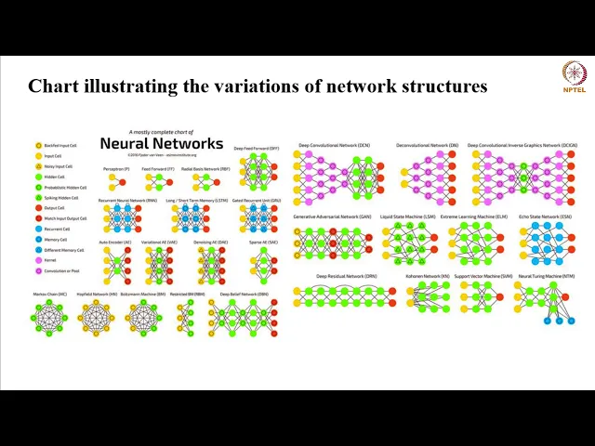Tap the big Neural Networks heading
click(161, 143)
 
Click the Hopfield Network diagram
click(97, 319)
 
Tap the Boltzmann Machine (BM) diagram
click(142, 319)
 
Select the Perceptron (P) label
click(116, 169)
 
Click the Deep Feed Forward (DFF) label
click(256, 148)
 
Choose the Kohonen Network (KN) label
click(427, 276)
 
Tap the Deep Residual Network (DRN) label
click(346, 276)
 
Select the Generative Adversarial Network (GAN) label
click(333, 216)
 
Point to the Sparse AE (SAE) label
click(262, 242)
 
